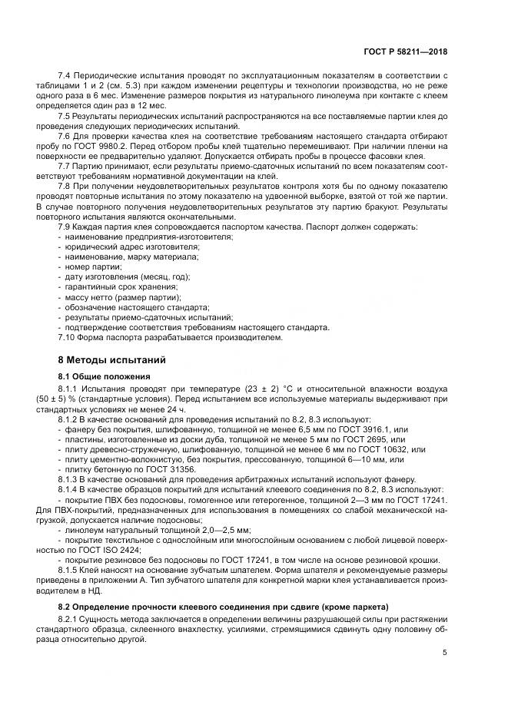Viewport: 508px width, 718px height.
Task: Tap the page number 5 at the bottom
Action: coord(445,653)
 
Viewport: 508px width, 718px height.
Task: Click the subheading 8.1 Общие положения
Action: coord(98,376)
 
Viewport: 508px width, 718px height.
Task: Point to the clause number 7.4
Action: coord(65,75)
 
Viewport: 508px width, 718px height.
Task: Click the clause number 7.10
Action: coord(68,336)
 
